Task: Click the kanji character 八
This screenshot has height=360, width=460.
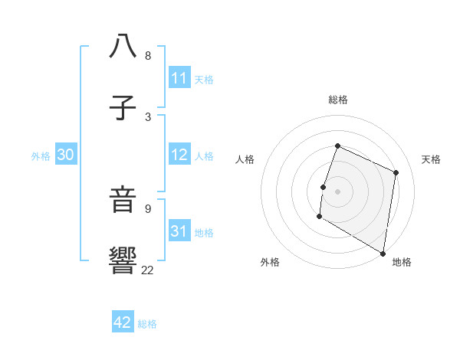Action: point(123,47)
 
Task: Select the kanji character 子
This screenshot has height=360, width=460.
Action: point(123,109)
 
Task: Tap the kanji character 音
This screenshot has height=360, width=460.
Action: point(123,200)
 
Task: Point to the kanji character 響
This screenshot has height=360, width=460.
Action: point(123,261)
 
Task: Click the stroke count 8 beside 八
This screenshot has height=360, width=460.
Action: point(148,56)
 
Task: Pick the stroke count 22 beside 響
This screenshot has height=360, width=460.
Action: point(148,270)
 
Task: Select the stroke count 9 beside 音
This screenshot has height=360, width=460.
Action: point(148,208)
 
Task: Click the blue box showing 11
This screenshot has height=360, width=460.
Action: point(179,78)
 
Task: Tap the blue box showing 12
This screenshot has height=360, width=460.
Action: point(179,155)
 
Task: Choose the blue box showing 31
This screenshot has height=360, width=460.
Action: point(179,231)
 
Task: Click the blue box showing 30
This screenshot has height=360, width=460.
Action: point(66,155)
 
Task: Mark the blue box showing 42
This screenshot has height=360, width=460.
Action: point(123,322)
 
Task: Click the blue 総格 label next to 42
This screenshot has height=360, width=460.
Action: point(148,324)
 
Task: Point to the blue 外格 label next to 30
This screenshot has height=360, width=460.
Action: point(41,156)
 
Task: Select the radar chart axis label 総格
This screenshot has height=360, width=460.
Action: point(338,100)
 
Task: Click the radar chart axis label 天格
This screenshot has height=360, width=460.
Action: point(432,159)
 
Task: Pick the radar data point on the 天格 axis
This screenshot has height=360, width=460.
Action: point(396,172)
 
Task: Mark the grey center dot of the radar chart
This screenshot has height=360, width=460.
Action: point(338,191)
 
